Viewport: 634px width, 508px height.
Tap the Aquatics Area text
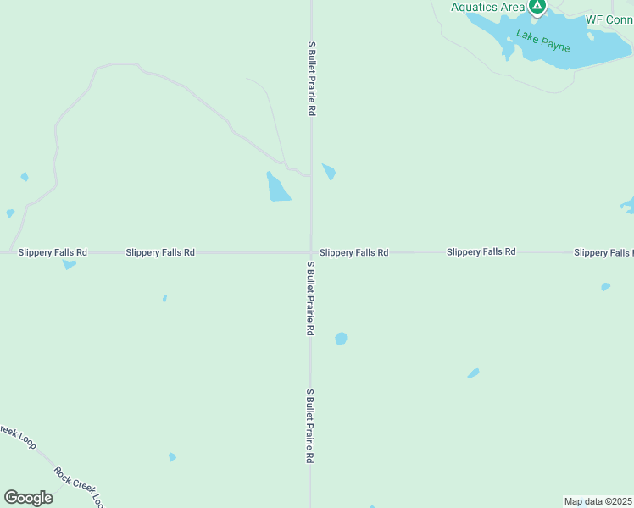pos(487,8)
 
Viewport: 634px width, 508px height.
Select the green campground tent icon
pos(537,7)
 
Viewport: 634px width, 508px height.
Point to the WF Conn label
pos(609,19)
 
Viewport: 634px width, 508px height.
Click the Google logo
pos(28,497)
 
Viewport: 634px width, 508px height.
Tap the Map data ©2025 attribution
pos(598,501)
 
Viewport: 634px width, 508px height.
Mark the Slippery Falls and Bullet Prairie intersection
pos(310,252)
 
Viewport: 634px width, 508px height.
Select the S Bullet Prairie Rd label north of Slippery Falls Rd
pos(312,79)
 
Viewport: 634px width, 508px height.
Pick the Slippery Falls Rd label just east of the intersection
pos(354,252)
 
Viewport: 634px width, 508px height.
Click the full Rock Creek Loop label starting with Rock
pos(79,487)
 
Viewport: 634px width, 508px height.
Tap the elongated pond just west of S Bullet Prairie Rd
pos(277,188)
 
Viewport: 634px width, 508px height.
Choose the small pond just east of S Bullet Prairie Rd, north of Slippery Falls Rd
pos(329,171)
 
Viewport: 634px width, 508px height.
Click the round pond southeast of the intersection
pos(341,339)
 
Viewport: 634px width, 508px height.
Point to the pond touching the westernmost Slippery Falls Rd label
pos(69,264)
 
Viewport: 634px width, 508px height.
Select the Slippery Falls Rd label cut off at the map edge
pos(603,252)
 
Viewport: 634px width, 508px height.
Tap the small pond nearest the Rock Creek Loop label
pos(172,457)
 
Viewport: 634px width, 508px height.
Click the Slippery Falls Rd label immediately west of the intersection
pos(160,252)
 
